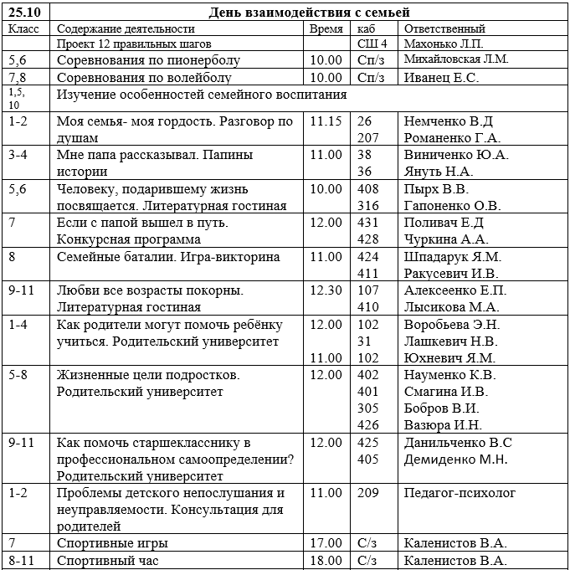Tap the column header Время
[x=326, y=28]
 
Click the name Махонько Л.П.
[x=443, y=44]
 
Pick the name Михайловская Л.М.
[x=456, y=59]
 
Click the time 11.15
[x=326, y=121]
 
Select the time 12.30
[x=326, y=290]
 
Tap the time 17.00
[x=326, y=543]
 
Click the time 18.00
[x=326, y=561]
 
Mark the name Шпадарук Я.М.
[x=452, y=257]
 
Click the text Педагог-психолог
[x=460, y=494]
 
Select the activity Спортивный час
[x=107, y=561]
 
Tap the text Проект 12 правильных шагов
[x=134, y=44]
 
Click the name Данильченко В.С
[x=458, y=442]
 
